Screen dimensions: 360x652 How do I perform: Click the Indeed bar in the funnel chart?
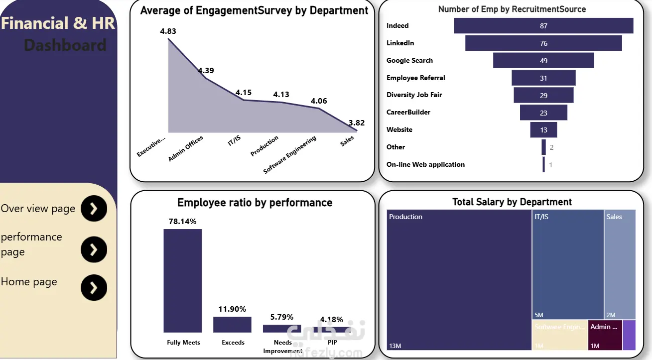tap(543, 26)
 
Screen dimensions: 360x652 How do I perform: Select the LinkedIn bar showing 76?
tap(543, 43)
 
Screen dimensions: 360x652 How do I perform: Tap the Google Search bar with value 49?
tap(543, 61)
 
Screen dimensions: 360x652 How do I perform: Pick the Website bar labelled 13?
tap(543, 130)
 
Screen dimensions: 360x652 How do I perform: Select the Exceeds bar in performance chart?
tap(232, 325)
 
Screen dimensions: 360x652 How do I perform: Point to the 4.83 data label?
tap(168, 31)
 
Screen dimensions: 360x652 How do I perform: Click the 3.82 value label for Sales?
tap(357, 123)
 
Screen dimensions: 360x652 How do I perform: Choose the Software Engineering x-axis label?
tap(290, 155)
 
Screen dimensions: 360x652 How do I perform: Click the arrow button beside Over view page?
tap(94, 209)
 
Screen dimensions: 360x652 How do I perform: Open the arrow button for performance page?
tap(94, 249)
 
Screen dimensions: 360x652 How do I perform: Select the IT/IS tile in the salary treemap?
tap(567, 264)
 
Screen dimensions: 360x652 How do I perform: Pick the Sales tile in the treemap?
tap(620, 264)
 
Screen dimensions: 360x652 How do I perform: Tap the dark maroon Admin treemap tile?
tap(605, 335)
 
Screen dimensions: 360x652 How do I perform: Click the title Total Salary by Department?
tap(512, 202)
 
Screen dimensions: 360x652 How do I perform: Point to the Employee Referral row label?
tap(415, 78)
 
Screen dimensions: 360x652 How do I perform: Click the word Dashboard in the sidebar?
tap(65, 45)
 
